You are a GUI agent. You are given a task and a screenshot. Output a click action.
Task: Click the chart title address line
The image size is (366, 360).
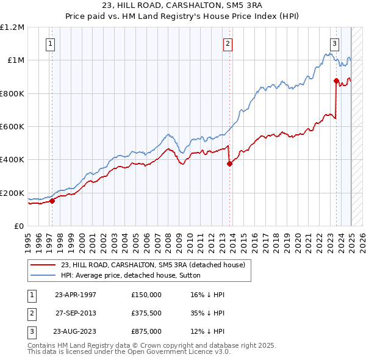pyautogui.click(x=183, y=6)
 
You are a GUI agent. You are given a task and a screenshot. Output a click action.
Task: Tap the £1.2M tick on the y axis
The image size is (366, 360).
pyautogui.click(x=12, y=27)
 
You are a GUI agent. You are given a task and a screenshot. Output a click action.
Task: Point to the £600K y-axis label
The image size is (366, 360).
pyautogui.click(x=12, y=127)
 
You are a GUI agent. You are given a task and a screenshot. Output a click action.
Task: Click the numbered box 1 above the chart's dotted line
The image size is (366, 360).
pyautogui.click(x=49, y=43)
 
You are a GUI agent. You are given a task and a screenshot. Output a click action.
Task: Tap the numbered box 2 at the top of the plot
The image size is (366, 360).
pyautogui.click(x=227, y=43)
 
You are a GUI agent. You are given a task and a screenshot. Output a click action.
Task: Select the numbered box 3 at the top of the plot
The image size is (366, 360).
pyautogui.click(x=335, y=43)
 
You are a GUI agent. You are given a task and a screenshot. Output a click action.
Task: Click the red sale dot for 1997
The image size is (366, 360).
pyautogui.click(x=52, y=201)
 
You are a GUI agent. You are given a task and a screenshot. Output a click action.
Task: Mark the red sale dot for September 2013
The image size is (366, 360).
pyautogui.click(x=230, y=164)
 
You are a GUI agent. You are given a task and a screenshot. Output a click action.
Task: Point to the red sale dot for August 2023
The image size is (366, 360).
pyautogui.click(x=336, y=81)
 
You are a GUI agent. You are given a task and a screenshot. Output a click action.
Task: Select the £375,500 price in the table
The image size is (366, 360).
pyautogui.click(x=146, y=314)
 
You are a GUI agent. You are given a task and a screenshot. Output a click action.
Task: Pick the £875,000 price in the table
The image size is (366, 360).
pyautogui.click(x=146, y=333)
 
